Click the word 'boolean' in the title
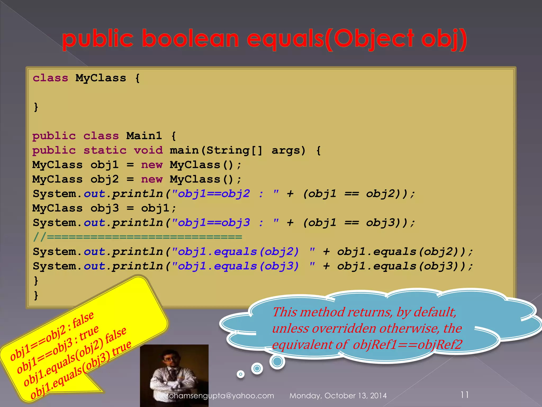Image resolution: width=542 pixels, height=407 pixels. (x=190, y=39)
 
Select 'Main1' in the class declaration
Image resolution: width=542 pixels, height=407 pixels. (x=144, y=136)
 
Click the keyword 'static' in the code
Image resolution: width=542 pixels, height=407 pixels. (x=105, y=151)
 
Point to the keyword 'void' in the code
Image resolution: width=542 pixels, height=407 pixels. (x=148, y=151)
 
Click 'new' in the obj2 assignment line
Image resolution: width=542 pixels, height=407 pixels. (x=152, y=179)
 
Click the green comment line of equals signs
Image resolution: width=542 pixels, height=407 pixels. (x=138, y=237)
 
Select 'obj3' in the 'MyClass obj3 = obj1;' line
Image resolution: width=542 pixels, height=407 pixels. (x=105, y=208)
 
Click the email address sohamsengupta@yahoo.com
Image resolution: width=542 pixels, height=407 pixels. (x=220, y=396)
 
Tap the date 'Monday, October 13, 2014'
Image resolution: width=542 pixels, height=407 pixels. (x=338, y=396)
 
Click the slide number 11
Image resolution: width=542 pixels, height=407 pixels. (x=464, y=395)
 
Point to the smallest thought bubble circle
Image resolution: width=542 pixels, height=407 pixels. (x=240, y=374)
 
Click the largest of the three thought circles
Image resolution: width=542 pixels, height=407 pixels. (x=277, y=361)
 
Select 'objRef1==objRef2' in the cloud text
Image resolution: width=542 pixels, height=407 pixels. (x=408, y=345)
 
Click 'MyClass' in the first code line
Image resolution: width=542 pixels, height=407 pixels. (x=101, y=78)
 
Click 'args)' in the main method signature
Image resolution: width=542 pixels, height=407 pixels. (x=288, y=151)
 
